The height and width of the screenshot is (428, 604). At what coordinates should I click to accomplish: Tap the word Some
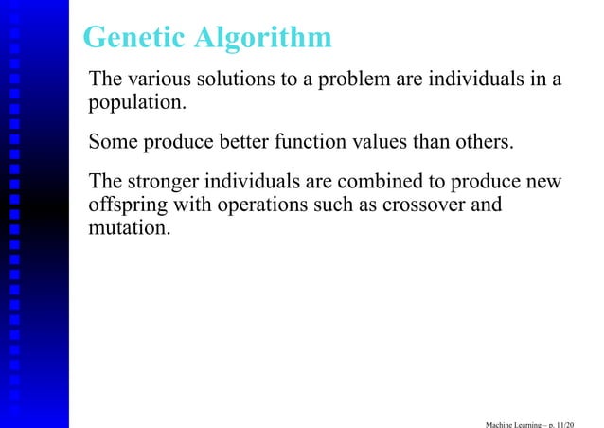pos(112,143)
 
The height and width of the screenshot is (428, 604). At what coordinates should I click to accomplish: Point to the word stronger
pos(162,182)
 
